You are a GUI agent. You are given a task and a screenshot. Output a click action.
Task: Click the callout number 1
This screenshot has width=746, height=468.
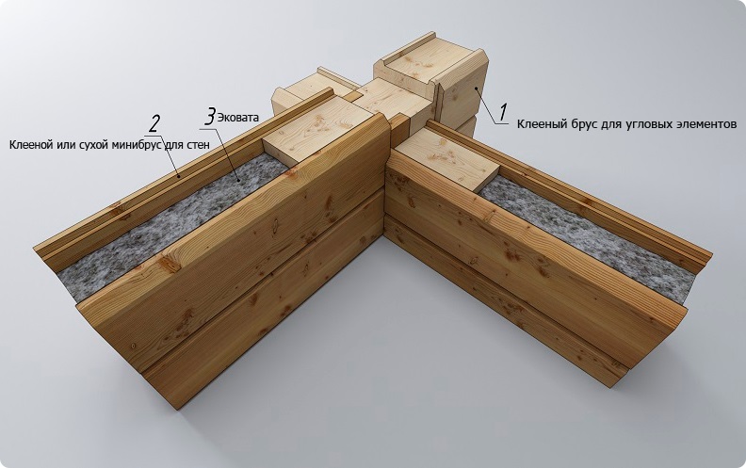(x=502, y=112)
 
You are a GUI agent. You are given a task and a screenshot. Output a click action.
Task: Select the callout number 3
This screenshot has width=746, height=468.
(x=209, y=117)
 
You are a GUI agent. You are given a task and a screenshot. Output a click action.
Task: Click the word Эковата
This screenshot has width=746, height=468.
(x=238, y=118)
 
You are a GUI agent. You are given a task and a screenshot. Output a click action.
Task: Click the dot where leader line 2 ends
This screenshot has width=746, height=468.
(x=179, y=176)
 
